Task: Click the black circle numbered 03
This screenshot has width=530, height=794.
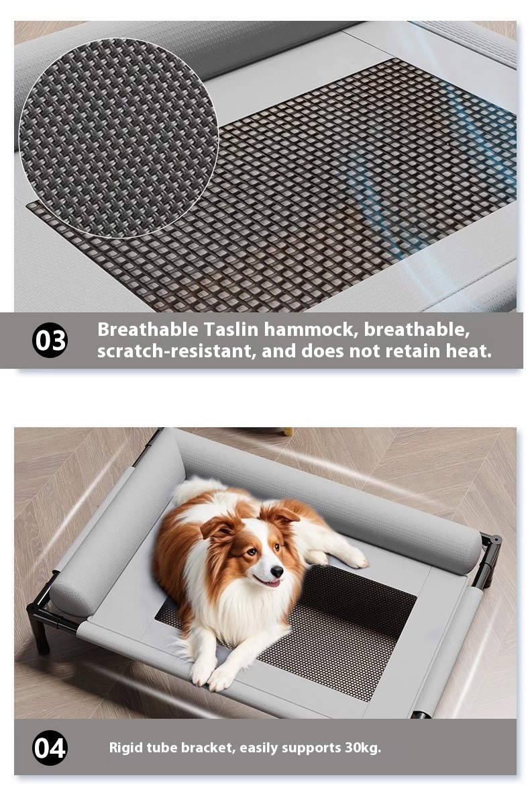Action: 50,340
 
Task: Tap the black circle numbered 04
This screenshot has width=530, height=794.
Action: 50,748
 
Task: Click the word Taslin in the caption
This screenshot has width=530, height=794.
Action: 231,329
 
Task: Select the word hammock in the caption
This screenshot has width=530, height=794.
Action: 311,329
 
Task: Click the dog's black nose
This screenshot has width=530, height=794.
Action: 276,571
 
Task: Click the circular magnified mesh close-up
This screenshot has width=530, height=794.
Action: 119,138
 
